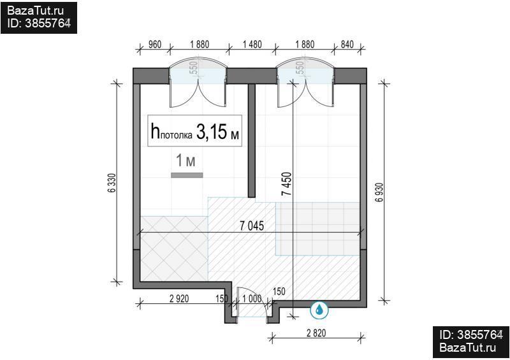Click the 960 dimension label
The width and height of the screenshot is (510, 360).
pyautogui.click(x=155, y=44)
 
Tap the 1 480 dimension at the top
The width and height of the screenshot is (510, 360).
pyautogui.click(x=252, y=44)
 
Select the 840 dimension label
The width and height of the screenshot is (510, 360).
pyautogui.click(x=347, y=44)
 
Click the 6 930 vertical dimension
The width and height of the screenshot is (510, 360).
pyautogui.click(x=379, y=192)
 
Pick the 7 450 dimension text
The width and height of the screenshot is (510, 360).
pyautogui.click(x=287, y=184)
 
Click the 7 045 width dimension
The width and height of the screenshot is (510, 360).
pyautogui.click(x=252, y=226)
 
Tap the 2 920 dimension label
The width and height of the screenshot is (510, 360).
pyautogui.click(x=179, y=299)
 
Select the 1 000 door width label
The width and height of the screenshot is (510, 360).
pyautogui.click(x=252, y=299)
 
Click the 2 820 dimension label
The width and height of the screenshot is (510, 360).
pyautogui.click(x=316, y=333)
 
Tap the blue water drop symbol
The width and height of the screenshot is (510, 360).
pyautogui.click(x=319, y=310)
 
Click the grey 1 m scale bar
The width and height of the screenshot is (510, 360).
pyautogui.click(x=187, y=175)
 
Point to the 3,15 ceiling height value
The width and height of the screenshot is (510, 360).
pyautogui.click(x=212, y=132)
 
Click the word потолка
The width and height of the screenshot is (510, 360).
pyautogui.click(x=177, y=135)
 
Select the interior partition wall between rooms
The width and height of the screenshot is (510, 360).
pyautogui.click(x=251, y=140)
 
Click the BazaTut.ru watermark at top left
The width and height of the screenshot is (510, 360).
pyautogui.click(x=36, y=11)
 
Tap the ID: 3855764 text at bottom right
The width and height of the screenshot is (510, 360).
pyautogui.click(x=471, y=335)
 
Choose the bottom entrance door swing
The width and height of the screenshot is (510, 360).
pyautogui.click(x=252, y=301)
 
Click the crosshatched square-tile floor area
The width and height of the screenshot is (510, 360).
pyautogui.click(x=174, y=248)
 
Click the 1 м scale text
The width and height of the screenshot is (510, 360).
pyautogui.click(x=186, y=161)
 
